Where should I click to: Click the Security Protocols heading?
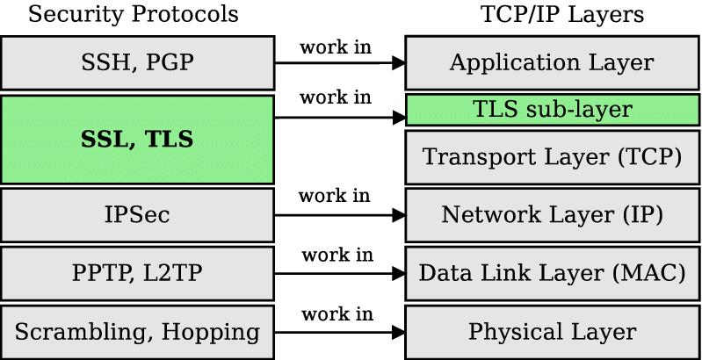pyautogui.click(x=133, y=15)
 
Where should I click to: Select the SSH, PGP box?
pyautogui.click(x=136, y=62)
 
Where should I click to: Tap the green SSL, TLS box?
pyautogui.click(x=136, y=140)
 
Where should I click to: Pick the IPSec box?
pyautogui.click(x=136, y=214)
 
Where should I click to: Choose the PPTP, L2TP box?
pyautogui.click(x=136, y=273)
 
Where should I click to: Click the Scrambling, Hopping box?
pyautogui.click(x=136, y=332)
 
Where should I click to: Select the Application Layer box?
pyautogui.click(x=551, y=62)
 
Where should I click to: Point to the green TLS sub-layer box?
pyautogui.click(x=551, y=111)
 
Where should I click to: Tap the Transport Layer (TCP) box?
pyautogui.click(x=551, y=157)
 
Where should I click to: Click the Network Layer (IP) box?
pyautogui.click(x=551, y=214)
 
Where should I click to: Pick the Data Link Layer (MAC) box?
pyautogui.click(x=551, y=273)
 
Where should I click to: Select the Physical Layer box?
pyautogui.click(x=551, y=332)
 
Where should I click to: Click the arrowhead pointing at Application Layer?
pyautogui.click(x=398, y=62)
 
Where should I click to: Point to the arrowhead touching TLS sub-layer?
pyautogui.click(x=398, y=117)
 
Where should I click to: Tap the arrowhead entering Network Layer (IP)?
pyautogui.click(x=398, y=214)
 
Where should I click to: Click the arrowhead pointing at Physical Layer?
pyautogui.click(x=398, y=333)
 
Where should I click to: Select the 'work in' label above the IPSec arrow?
pyautogui.click(x=335, y=195)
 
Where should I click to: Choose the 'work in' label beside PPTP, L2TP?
pyautogui.click(x=337, y=255)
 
